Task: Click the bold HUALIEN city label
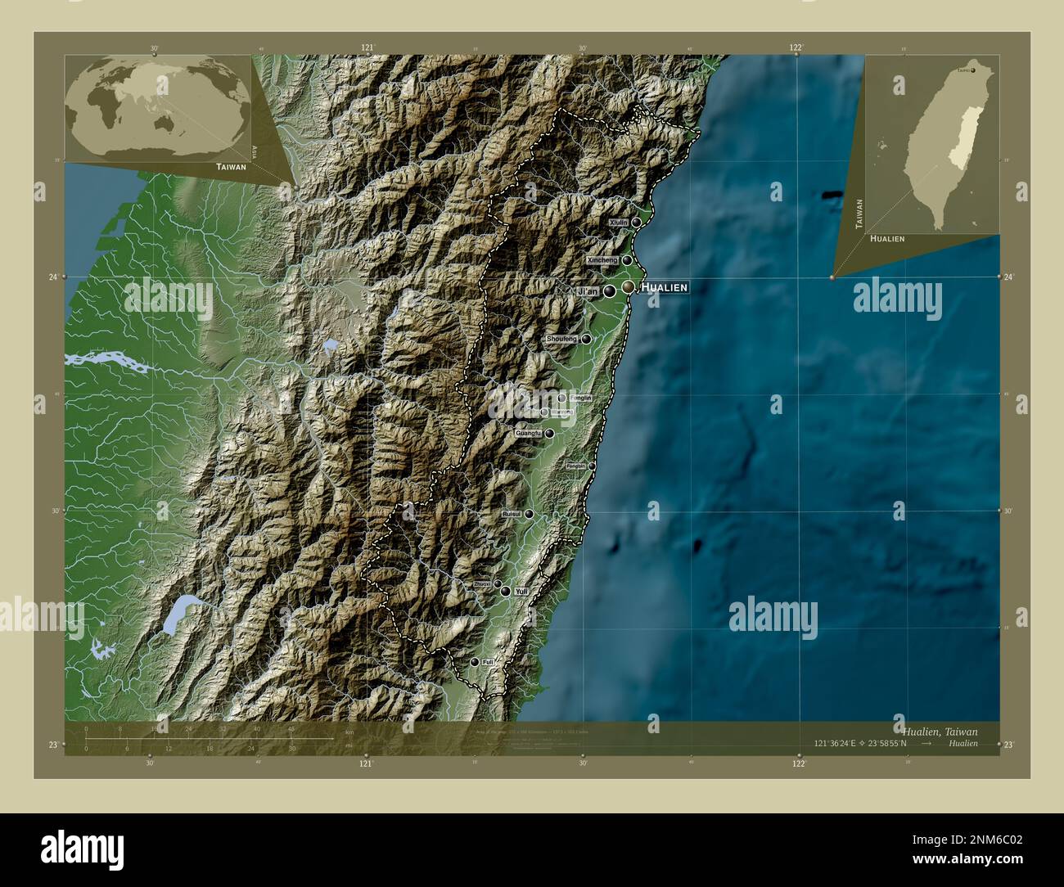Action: (664, 287)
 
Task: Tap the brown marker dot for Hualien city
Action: (628, 287)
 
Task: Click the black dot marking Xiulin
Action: (637, 222)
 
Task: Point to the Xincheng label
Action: (602, 260)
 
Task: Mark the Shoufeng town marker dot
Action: (586, 339)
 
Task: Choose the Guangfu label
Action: (529, 433)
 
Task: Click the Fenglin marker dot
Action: (561, 398)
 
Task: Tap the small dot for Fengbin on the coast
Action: (592, 466)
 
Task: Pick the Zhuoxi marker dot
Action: (497, 584)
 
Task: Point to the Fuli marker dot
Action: (474, 662)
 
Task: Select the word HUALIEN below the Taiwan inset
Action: (887, 238)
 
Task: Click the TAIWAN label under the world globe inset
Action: (231, 166)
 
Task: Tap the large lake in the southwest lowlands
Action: (178, 615)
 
